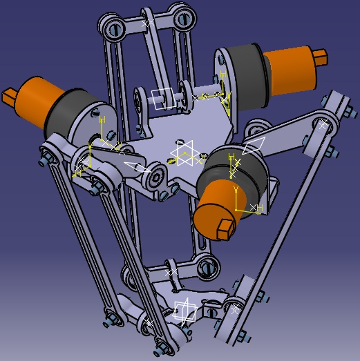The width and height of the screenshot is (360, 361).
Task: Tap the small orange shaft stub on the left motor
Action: click(x=10, y=93)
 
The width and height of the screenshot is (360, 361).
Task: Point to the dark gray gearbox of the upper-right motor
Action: click(x=241, y=69)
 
